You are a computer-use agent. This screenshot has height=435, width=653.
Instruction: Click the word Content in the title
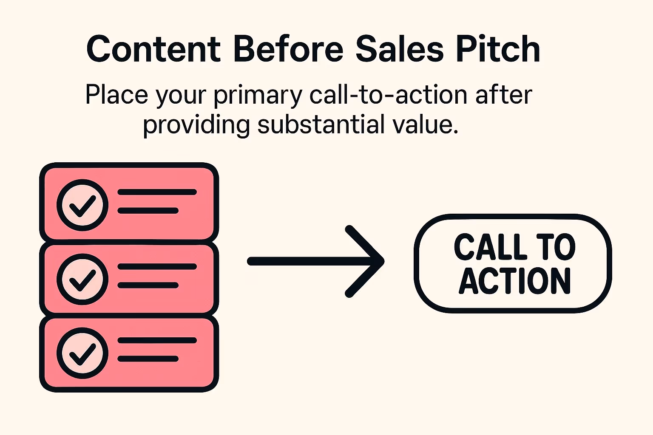pos(153,49)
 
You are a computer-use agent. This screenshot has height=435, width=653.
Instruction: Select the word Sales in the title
pos(400,49)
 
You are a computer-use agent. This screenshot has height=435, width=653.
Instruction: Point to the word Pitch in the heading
pos(498,49)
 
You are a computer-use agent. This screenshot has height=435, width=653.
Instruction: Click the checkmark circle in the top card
pos(82,205)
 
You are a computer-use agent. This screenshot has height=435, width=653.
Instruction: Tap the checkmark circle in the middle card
pos(82,279)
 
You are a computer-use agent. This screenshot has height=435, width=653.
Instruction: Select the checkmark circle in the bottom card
pos(82,353)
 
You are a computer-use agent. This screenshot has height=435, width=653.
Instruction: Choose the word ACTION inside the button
pos(514,281)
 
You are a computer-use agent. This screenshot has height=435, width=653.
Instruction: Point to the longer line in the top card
pos(157,192)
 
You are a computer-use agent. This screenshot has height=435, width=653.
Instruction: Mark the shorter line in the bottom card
pos(148,359)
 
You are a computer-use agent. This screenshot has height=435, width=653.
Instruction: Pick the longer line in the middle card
pos(157,267)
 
